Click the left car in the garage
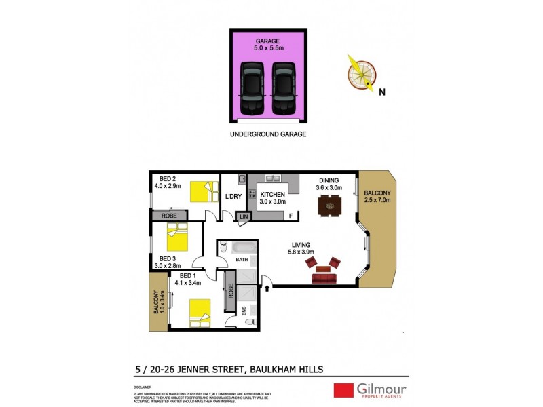[x=252, y=88]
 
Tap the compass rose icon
[x=361, y=72]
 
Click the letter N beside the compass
[x=381, y=92]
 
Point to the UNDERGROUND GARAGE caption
[x=267, y=134]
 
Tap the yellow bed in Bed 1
[x=198, y=312]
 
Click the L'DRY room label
[x=233, y=197]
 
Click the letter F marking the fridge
[x=290, y=216]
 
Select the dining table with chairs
[x=329, y=203]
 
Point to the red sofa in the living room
[x=324, y=277]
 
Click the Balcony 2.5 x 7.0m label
[x=378, y=197]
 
